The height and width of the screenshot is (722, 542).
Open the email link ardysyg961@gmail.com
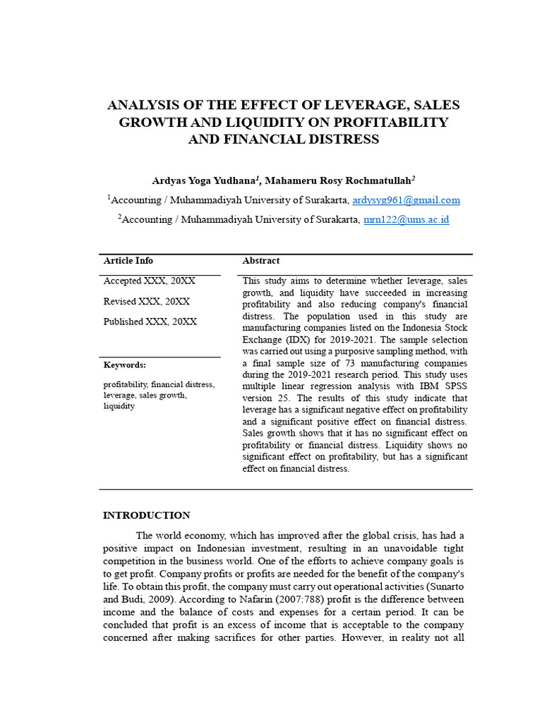(x=406, y=200)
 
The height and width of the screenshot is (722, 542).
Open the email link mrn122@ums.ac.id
(x=406, y=219)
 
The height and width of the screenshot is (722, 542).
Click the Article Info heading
(x=128, y=261)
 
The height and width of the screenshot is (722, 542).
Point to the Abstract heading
(x=261, y=261)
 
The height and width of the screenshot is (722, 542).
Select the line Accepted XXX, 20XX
(x=150, y=281)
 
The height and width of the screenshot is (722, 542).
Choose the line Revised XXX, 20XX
(x=147, y=301)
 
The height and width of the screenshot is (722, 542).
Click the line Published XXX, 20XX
(x=150, y=322)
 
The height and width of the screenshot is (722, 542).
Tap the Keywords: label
(x=125, y=365)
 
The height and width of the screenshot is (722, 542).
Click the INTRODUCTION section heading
(x=147, y=515)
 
